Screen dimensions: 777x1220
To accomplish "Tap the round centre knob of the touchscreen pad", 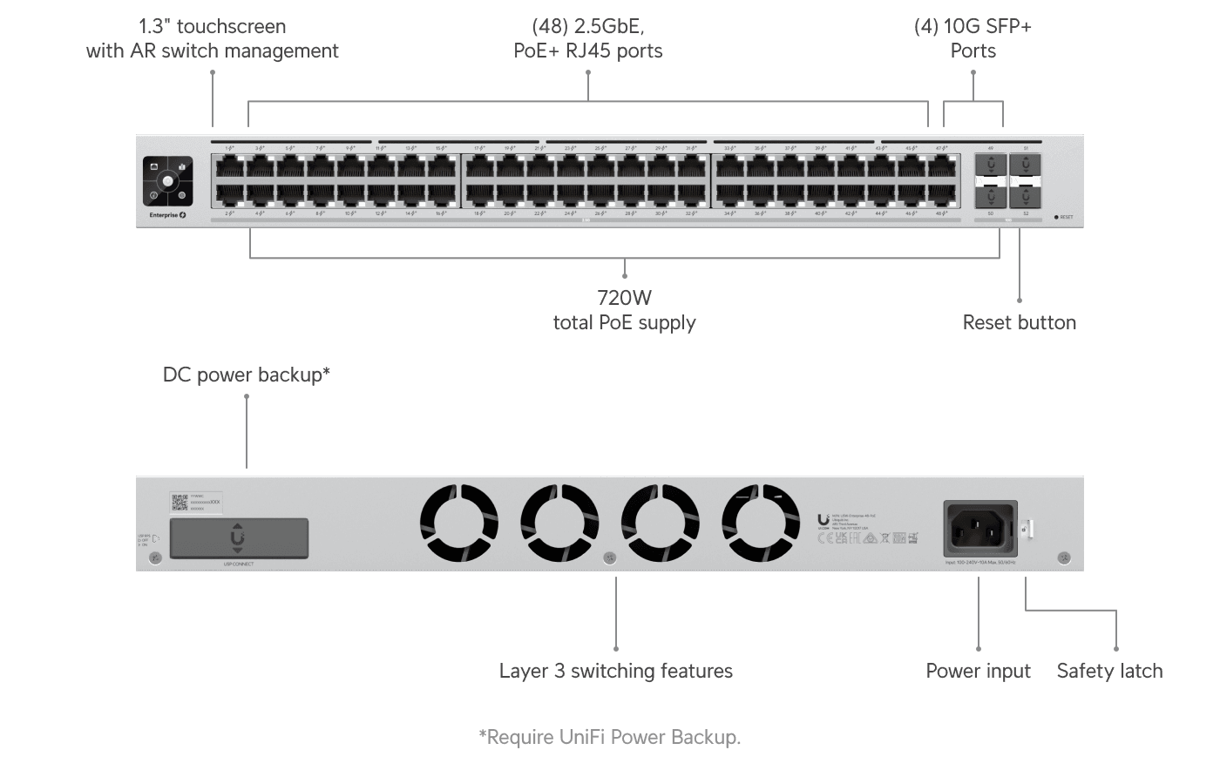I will click(x=167, y=181).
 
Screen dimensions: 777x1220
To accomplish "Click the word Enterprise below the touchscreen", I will click(x=163, y=215).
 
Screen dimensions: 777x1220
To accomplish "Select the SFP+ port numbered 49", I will click(x=991, y=165).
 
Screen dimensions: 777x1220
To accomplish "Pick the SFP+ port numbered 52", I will click(x=1026, y=196).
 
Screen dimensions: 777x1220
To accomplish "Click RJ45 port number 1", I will click(x=229, y=166).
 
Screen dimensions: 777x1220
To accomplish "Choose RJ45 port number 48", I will click(x=941, y=196).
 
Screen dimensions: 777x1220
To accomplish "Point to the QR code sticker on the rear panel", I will click(x=180, y=502).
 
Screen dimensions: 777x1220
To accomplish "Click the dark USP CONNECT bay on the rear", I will click(x=238, y=538).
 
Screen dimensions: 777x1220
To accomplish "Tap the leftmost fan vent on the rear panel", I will click(x=459, y=523).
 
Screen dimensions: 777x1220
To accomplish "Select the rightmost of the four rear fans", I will click(x=761, y=523).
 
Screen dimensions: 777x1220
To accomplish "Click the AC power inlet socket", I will click(x=979, y=528).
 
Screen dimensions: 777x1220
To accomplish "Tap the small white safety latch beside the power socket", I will click(x=1027, y=528).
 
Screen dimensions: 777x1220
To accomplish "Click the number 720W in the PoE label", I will click(x=624, y=298).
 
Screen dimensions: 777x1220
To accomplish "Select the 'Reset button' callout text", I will click(x=1019, y=322).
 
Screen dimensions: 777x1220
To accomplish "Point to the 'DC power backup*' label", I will click(x=246, y=375).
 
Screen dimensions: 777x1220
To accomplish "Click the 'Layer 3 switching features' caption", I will click(x=615, y=671).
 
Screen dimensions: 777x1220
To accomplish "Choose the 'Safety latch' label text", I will click(x=1109, y=671).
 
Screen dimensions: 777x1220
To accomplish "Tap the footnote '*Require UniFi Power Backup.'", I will click(x=609, y=737).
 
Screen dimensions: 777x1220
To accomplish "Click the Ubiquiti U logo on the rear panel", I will click(x=823, y=520).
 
